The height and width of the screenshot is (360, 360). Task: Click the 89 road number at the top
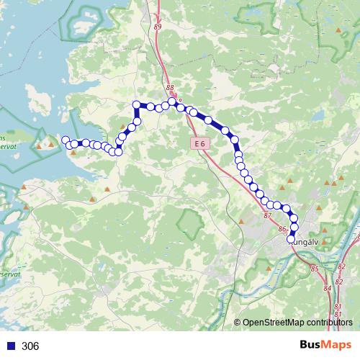tap(158, 27)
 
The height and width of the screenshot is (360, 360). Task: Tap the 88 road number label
tap(170, 88)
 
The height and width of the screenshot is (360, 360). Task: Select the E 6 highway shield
tap(199, 144)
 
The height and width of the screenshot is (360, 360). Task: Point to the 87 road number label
tap(267, 216)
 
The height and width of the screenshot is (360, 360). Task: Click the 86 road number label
tap(282, 229)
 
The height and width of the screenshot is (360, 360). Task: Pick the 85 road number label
tap(315, 268)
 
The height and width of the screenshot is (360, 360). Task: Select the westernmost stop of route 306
tap(65, 140)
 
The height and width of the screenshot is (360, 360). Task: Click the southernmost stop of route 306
tap(291, 239)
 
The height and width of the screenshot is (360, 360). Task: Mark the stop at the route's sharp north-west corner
tap(136, 105)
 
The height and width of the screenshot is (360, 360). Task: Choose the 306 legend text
tap(31, 346)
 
